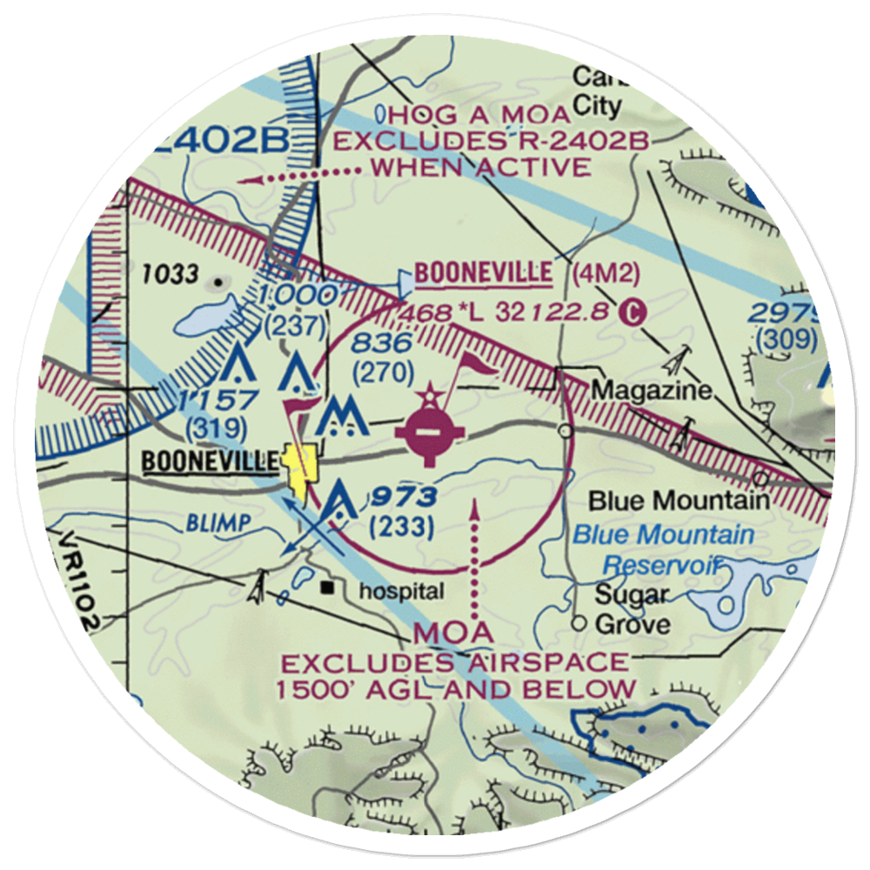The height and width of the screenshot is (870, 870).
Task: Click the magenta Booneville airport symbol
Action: [426, 430]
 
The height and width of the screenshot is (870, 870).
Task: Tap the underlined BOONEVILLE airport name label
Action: [483, 273]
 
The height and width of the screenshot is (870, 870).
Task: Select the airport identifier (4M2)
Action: [606, 274]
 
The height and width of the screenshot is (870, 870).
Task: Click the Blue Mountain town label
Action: [679, 500]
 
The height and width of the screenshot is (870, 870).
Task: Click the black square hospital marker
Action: [328, 588]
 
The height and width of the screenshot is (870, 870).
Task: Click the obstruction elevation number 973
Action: [401, 498]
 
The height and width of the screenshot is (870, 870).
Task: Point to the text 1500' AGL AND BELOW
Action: [457, 689]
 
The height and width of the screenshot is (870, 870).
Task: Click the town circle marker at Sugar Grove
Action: [580, 623]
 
